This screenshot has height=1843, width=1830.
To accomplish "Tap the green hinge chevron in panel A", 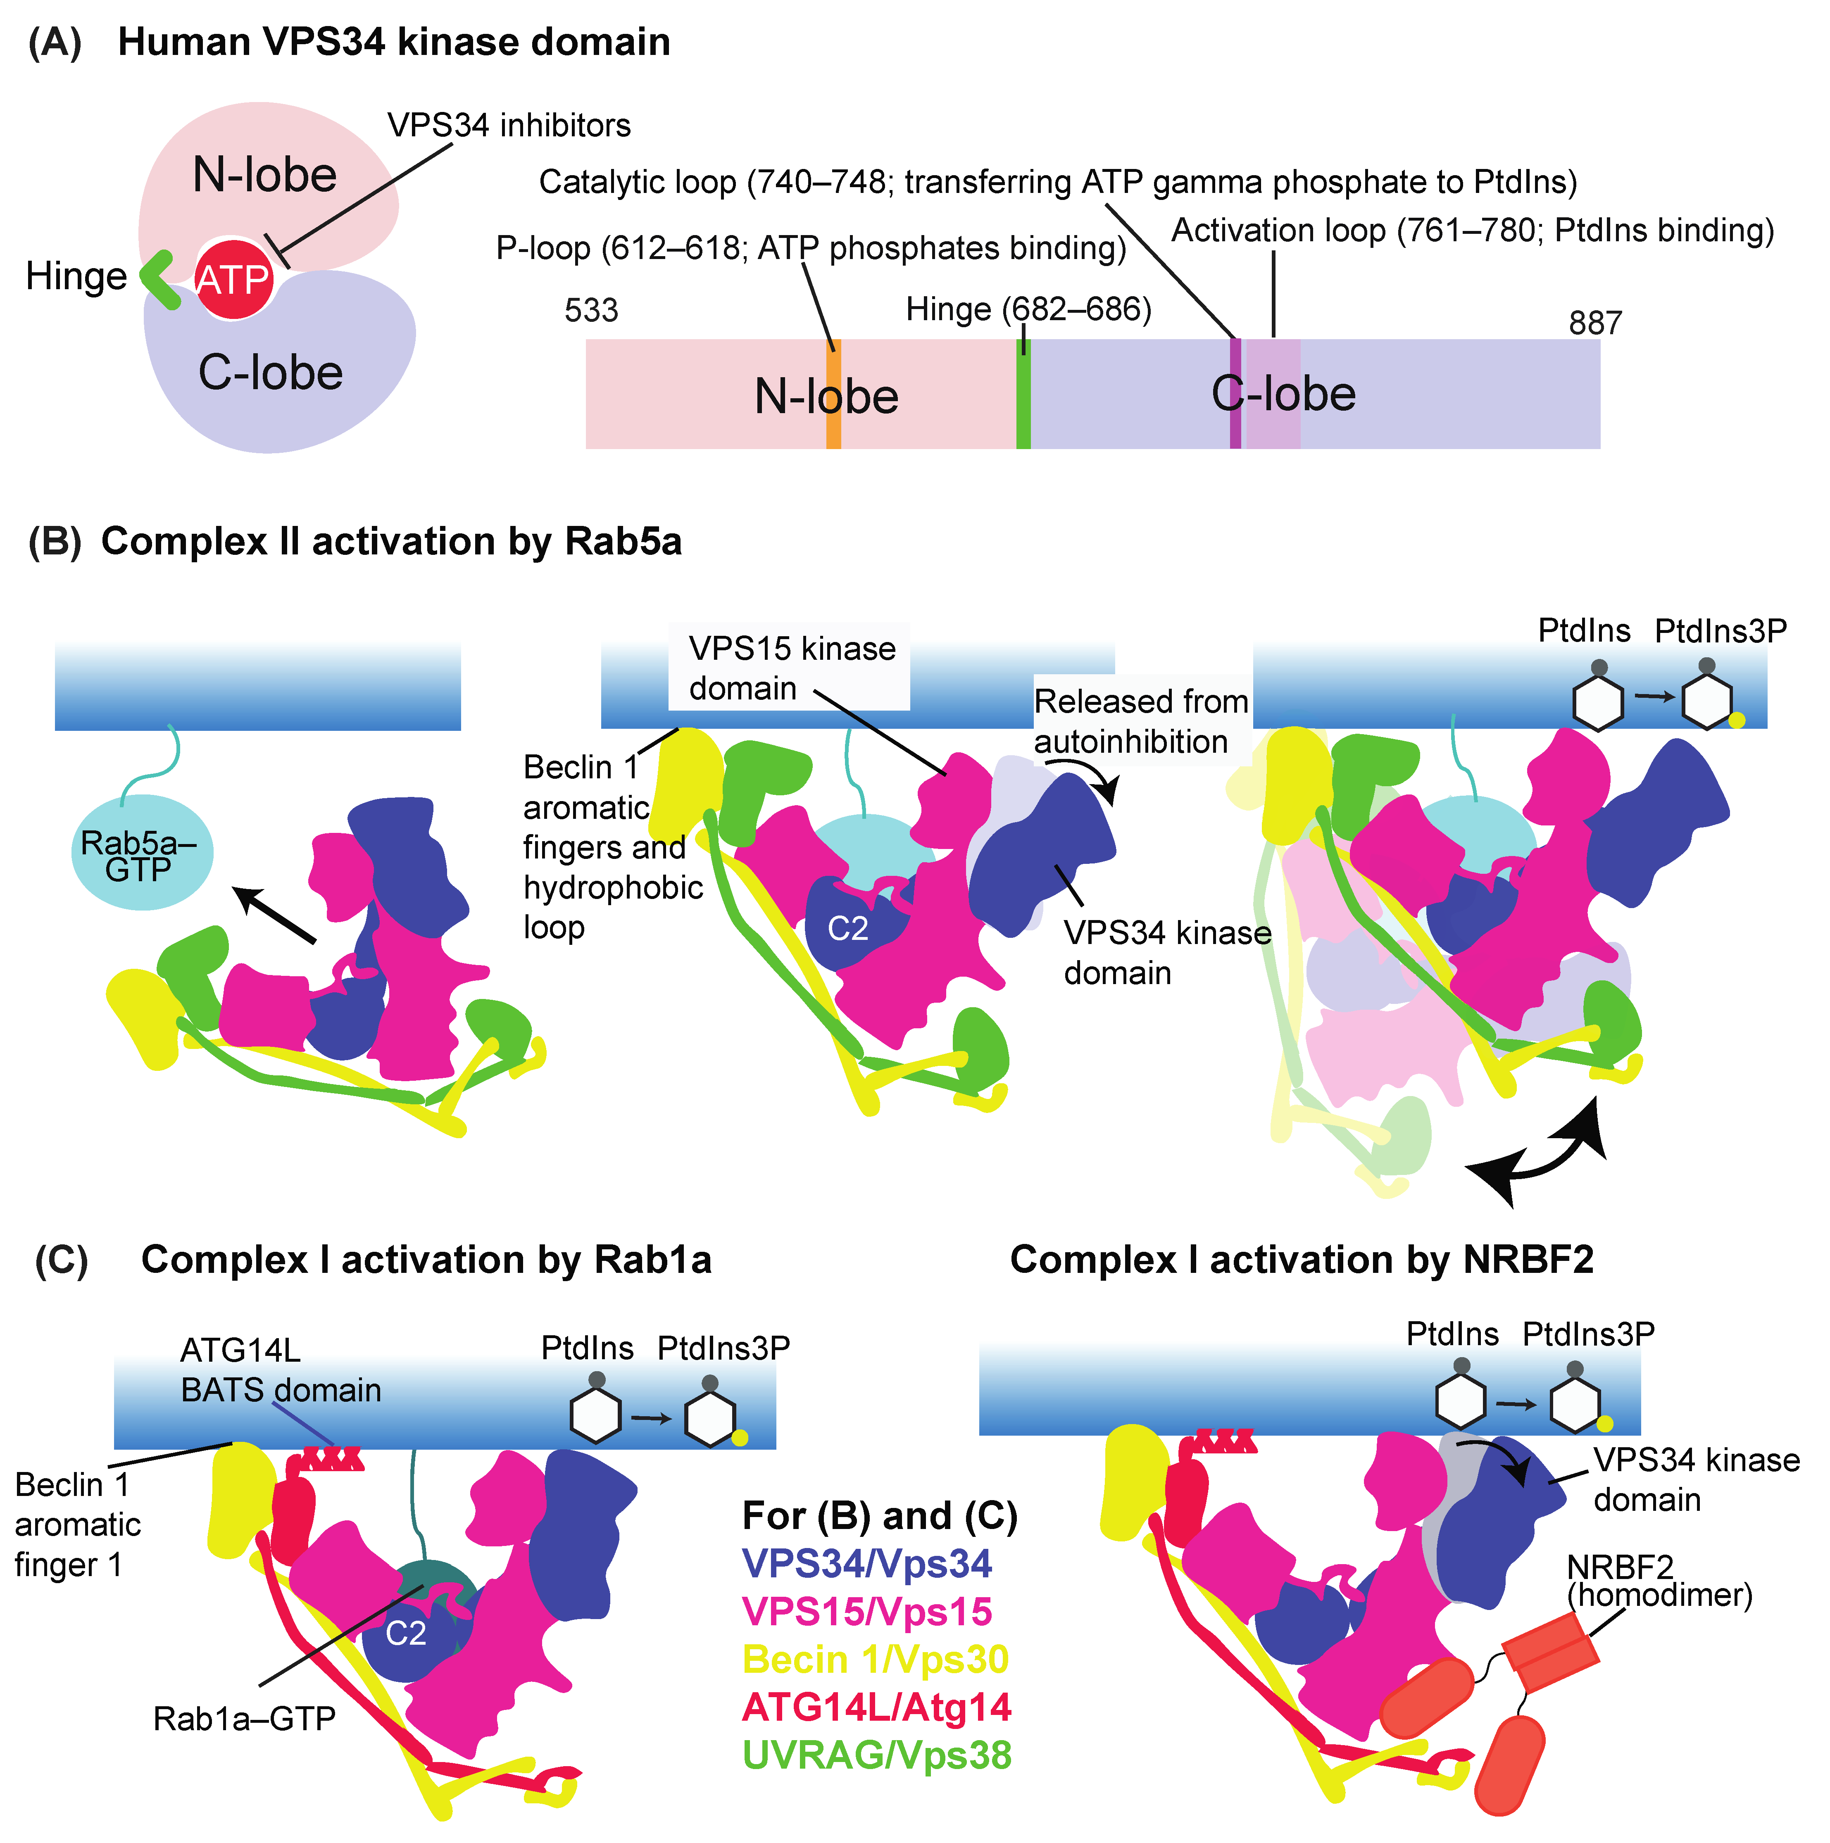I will (x=157, y=278).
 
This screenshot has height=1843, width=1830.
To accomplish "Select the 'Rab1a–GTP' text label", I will (x=244, y=1718).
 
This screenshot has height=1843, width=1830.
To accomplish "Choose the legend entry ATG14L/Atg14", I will (x=876, y=1707).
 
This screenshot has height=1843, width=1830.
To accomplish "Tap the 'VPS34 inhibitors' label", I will (x=509, y=125).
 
